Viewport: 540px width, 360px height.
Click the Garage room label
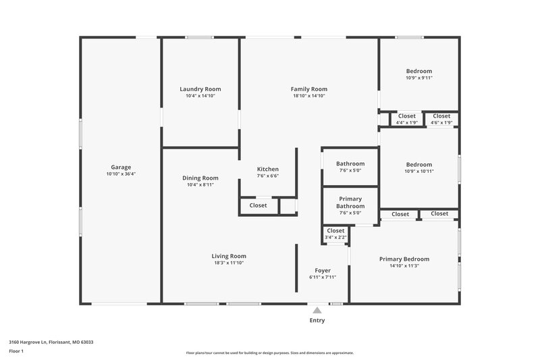[121, 167]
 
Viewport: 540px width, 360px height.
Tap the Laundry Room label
[200, 89]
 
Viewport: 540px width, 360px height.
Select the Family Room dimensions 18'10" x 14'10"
[309, 96]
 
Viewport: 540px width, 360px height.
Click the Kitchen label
[267, 169]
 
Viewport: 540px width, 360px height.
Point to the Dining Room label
[200, 178]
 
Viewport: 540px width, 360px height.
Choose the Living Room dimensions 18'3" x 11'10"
[229, 263]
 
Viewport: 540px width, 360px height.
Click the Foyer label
[322, 270]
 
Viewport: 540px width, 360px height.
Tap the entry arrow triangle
[317, 311]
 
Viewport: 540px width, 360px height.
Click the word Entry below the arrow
[317, 320]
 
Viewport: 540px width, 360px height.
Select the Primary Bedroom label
[404, 259]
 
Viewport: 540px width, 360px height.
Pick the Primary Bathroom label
[350, 202]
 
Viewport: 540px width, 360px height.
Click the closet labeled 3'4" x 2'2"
[335, 234]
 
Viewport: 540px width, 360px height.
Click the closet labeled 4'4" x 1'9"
[407, 119]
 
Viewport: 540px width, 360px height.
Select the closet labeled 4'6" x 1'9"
[441, 119]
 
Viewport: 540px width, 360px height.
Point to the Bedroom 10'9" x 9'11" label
[418, 74]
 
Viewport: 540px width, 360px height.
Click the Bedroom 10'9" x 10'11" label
[418, 168]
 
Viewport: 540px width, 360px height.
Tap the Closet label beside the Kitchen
[258, 205]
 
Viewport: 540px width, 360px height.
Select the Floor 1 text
[17, 351]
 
